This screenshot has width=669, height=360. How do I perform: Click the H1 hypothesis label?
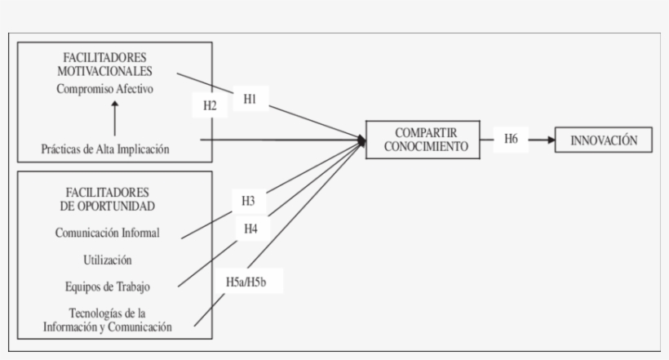pyautogui.click(x=250, y=98)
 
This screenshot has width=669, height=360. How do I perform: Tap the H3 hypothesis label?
pyautogui.click(x=249, y=200)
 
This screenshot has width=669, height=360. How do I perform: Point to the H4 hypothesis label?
pyautogui.click(x=250, y=229)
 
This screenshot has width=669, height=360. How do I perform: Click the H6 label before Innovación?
pyautogui.click(x=511, y=139)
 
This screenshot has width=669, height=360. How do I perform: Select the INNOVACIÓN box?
pyautogui.click(x=605, y=140)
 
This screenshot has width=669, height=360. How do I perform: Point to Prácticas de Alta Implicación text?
pyautogui.click(x=105, y=149)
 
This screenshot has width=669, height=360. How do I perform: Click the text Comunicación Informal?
pyautogui.click(x=108, y=233)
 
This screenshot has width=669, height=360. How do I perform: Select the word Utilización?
pyautogui.click(x=107, y=260)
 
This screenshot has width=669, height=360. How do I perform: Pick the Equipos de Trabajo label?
pyautogui.click(x=107, y=286)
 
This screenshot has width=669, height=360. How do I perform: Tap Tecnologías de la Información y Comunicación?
pyautogui.click(x=107, y=319)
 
